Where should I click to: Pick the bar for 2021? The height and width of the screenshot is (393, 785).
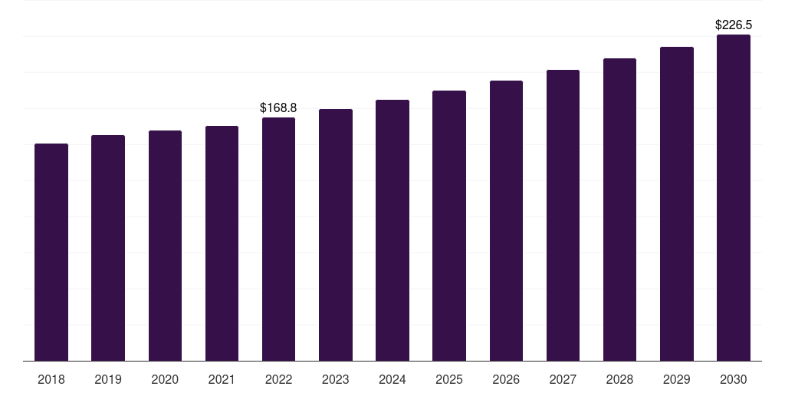click(x=222, y=243)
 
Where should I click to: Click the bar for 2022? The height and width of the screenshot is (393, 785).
click(x=278, y=239)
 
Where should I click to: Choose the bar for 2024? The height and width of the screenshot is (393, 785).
click(x=392, y=230)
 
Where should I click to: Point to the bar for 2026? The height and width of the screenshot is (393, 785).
click(x=506, y=220)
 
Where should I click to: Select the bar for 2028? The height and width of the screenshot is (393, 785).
click(x=619, y=210)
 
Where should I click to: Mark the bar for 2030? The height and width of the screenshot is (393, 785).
click(x=734, y=197)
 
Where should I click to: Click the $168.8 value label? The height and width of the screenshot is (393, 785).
click(x=278, y=107)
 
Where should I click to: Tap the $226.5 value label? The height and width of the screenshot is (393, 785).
click(x=734, y=25)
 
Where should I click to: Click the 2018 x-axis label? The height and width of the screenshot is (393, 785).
click(x=51, y=379)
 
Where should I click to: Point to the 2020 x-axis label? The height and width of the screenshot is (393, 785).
click(x=165, y=379)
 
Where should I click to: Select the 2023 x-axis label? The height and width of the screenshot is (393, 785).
click(x=336, y=379)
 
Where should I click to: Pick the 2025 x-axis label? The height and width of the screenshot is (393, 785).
click(x=449, y=379)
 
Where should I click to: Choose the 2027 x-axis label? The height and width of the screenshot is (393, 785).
click(x=563, y=379)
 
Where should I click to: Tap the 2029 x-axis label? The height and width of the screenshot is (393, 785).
click(x=676, y=379)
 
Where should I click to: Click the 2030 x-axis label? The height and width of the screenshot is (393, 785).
click(x=734, y=379)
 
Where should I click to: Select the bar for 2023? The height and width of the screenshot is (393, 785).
click(x=336, y=235)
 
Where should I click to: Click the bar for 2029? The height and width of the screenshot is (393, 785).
click(x=676, y=203)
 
